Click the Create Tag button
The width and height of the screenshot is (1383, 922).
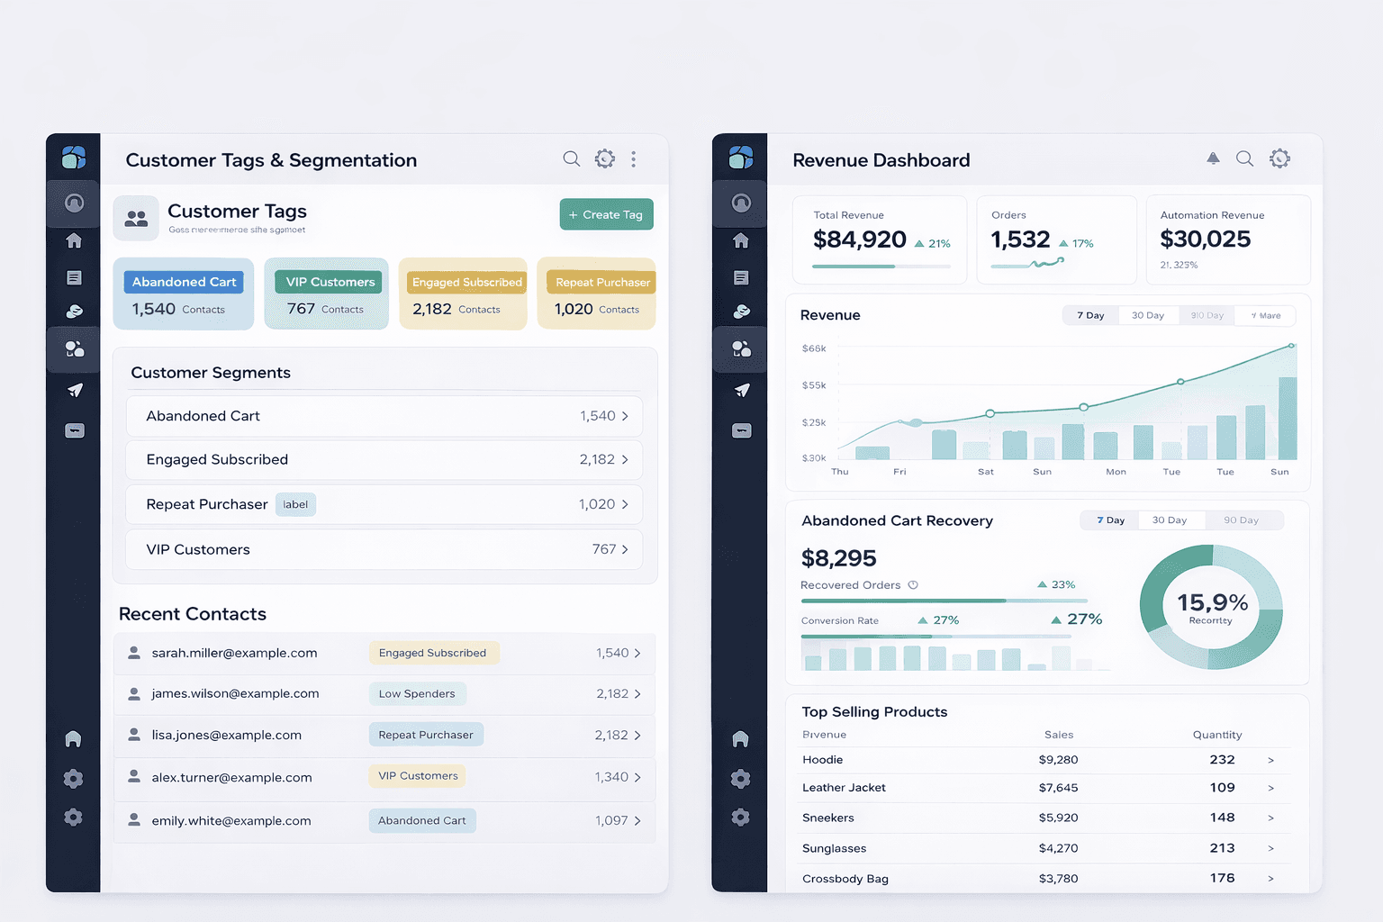[606, 214]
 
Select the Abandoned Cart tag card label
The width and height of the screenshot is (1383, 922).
[184, 282]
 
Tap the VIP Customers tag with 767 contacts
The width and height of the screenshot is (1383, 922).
[330, 282]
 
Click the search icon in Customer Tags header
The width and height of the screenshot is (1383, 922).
[571, 159]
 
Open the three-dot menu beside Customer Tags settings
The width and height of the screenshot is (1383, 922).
[633, 159]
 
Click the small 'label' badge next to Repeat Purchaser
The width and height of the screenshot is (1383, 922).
[295, 504]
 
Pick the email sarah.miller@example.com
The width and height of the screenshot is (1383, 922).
[234, 653]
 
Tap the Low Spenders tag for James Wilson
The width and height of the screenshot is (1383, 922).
[417, 693]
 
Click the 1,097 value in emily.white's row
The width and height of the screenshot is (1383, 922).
[610, 820]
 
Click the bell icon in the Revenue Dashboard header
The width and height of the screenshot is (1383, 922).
[1213, 158]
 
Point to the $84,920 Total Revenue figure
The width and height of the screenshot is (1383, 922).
[859, 240]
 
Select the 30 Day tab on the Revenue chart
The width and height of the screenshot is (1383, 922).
[1147, 315]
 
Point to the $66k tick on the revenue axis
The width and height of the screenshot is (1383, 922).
[814, 348]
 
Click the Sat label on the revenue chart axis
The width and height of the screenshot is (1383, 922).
[986, 472]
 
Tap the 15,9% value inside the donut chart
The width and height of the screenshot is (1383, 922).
[1212, 602]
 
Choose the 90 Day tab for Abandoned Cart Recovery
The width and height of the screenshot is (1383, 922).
[1241, 520]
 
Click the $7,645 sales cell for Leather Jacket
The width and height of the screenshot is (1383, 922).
[1058, 788]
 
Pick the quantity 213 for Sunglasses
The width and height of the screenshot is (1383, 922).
[1222, 848]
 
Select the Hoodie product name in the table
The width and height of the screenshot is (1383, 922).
[822, 760]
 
